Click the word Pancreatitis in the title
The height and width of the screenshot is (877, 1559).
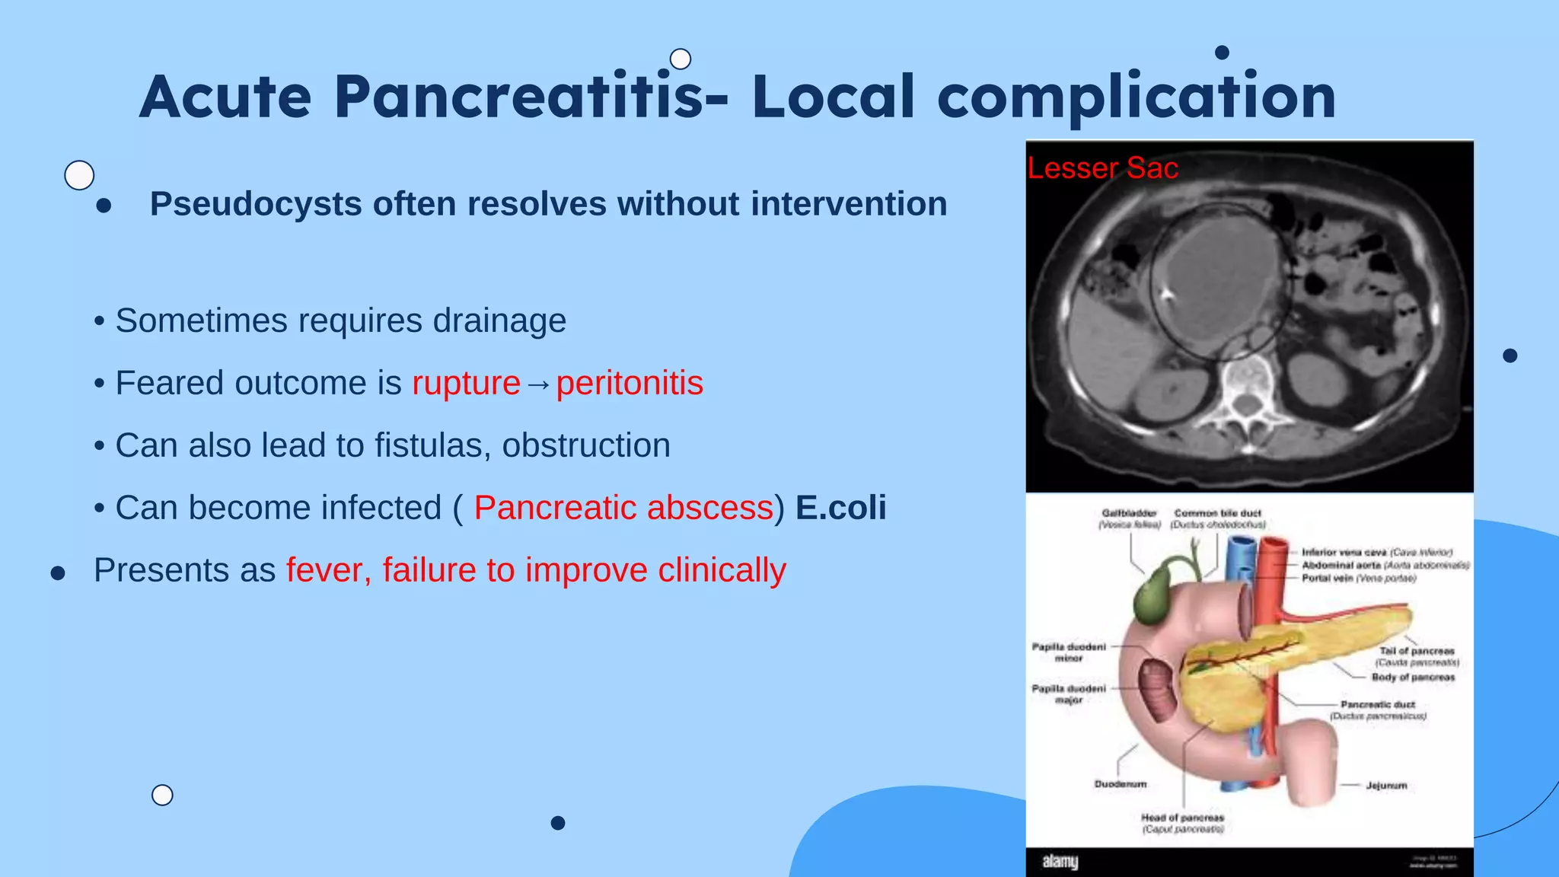(x=518, y=97)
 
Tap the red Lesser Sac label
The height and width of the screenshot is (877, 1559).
(x=1102, y=168)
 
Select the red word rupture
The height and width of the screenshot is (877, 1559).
(x=466, y=383)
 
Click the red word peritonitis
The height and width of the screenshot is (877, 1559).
(x=630, y=383)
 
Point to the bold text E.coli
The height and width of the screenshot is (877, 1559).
(x=840, y=508)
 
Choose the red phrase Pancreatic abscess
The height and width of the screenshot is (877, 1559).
(x=623, y=508)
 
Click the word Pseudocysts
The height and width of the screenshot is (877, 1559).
(x=256, y=204)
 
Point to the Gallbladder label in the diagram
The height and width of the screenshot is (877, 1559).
(x=1129, y=514)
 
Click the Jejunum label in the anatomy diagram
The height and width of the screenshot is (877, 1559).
(x=1386, y=786)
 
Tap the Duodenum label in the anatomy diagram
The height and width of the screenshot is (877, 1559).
(x=1121, y=784)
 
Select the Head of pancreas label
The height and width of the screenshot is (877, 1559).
(x=1182, y=818)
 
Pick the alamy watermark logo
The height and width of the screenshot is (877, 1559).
(x=1060, y=862)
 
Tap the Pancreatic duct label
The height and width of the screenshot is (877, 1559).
(x=1378, y=705)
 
